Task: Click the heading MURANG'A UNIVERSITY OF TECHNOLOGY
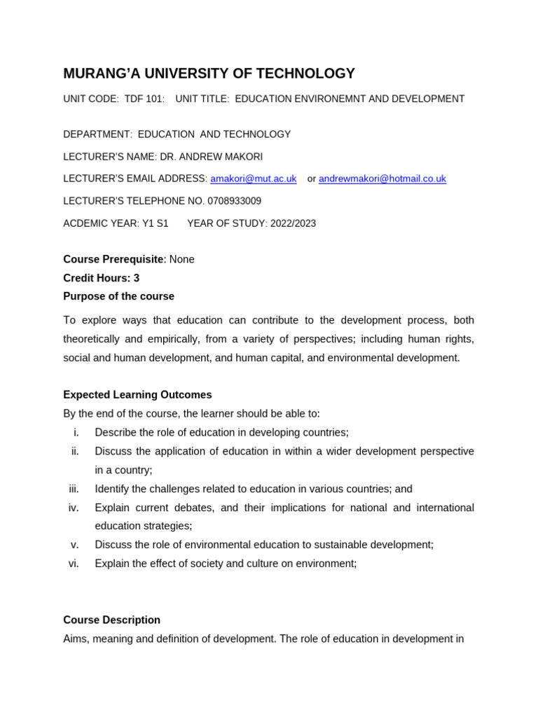209,74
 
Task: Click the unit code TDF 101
144,99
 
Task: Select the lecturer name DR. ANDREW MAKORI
211,157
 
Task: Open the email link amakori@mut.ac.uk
253,179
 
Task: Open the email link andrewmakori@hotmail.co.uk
382,179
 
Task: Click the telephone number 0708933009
234,201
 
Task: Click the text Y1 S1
155,223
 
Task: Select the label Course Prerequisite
113,259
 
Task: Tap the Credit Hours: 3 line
101,278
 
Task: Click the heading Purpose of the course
118,296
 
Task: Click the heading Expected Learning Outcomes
137,395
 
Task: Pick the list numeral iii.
74,489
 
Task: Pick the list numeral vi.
74,564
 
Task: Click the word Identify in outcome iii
112,489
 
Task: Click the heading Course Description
111,620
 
